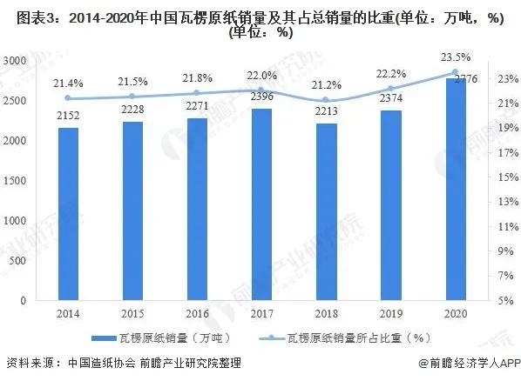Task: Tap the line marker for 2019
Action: point(389,89)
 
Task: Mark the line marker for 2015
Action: point(132,97)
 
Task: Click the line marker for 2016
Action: point(197,93)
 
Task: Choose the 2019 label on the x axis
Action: point(389,314)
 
